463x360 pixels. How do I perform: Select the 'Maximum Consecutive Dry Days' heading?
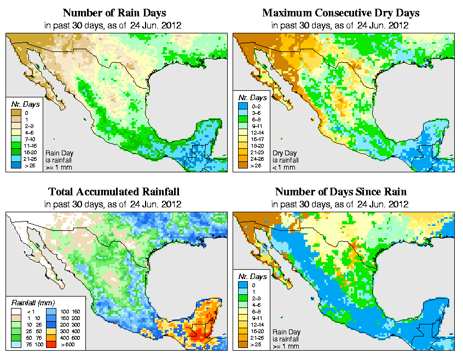(341, 13)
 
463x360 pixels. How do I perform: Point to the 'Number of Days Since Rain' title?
(341, 192)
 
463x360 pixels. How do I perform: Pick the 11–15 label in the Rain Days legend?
(28, 146)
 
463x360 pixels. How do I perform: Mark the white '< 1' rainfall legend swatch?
(16, 310)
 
